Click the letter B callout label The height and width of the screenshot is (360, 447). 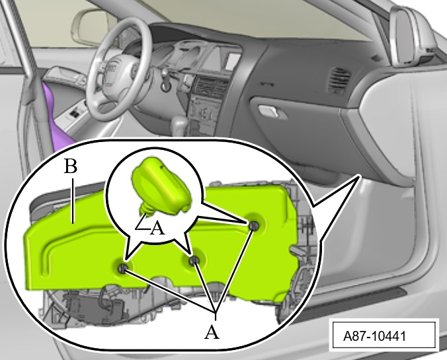pyautogui.click(x=70, y=166)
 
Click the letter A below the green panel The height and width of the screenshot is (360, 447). pyautogui.click(x=212, y=332)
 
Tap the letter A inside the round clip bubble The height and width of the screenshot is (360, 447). pyautogui.click(x=157, y=228)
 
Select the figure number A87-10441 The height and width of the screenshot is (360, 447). pyautogui.click(x=374, y=336)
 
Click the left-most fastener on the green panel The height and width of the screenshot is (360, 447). pyautogui.click(x=123, y=268)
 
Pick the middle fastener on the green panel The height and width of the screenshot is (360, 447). pyautogui.click(x=194, y=260)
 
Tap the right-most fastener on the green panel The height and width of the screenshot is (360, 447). pyautogui.click(x=253, y=225)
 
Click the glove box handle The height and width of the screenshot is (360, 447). pyautogui.click(x=268, y=111)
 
